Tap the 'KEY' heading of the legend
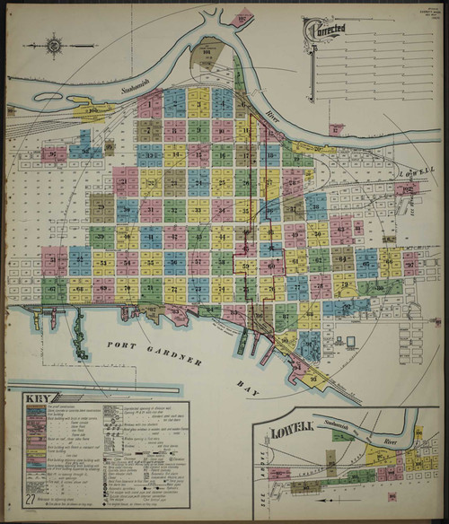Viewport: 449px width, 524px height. [x=40, y=399]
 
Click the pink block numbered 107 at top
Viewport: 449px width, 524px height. [x=245, y=15]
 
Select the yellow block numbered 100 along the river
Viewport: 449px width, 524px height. [x=92, y=112]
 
